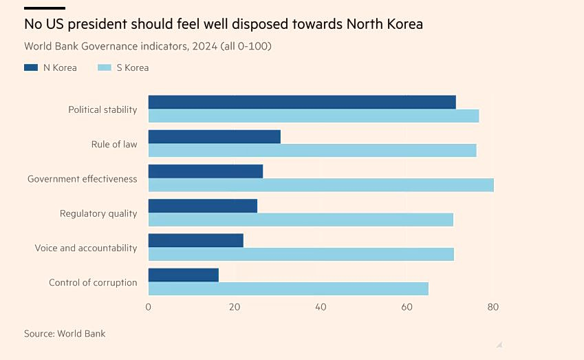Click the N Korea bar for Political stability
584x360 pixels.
pos(302,102)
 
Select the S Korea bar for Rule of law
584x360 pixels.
pos(312,150)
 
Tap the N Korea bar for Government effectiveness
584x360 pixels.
pos(206,171)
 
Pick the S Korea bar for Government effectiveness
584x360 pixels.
pos(321,185)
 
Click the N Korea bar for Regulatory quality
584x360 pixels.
pos(203,206)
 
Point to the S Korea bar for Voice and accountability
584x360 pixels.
pos(301,254)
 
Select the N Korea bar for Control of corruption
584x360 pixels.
pos(184,275)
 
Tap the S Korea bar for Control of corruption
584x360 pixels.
pos(289,289)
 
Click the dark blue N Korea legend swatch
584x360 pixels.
pos(31,67)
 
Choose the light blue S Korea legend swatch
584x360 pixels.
pos(105,67)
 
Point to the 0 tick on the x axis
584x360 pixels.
pos(148,307)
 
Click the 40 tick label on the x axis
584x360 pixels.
pos(321,307)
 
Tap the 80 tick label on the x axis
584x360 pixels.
pos(493,307)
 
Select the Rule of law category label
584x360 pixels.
pos(114,145)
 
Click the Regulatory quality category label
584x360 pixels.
pos(98,213)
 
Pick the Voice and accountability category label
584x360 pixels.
pos(86,248)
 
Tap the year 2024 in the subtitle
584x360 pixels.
pos(205,46)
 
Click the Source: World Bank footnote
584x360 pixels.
pos(65,334)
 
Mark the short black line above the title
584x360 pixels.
pos(45,8)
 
